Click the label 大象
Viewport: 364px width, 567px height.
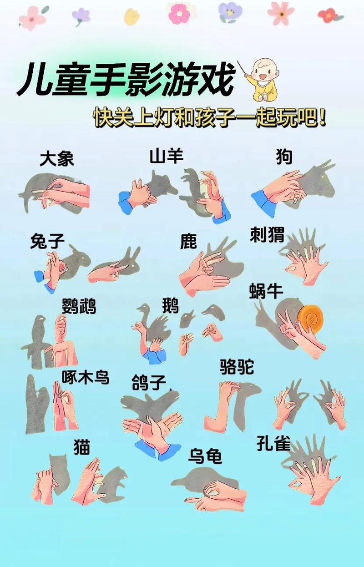[56, 159]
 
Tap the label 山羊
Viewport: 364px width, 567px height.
[166, 156]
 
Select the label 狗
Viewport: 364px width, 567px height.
[284, 157]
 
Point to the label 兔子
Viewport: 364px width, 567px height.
[47, 241]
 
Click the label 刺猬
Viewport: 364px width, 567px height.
[267, 235]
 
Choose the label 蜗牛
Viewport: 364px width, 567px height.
[266, 291]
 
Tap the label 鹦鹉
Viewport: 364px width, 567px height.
[79, 306]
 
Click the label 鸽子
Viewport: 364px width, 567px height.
[149, 382]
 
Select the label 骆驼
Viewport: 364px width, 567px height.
[237, 366]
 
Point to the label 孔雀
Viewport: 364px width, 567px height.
[273, 444]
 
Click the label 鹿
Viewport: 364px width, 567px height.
[188, 241]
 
